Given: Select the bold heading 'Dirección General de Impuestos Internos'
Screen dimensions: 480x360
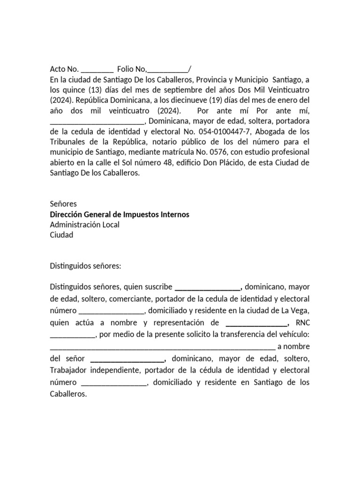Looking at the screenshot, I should coord(120,214).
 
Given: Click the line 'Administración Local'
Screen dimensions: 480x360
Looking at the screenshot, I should coord(84,225).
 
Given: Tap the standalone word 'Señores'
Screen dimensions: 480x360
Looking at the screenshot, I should coord(63,204).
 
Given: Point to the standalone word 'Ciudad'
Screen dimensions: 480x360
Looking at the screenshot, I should coord(61,235).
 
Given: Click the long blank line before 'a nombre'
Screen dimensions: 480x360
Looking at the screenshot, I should coord(162,347).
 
